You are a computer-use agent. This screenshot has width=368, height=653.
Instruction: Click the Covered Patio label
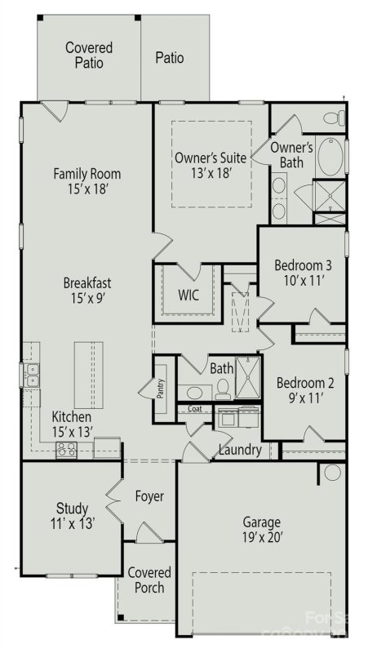tap(89, 56)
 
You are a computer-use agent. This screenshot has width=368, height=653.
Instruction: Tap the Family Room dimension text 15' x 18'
tap(86, 189)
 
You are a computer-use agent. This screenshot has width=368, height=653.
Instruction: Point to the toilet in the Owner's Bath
tap(330, 119)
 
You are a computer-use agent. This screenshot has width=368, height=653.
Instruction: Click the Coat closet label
tap(195, 410)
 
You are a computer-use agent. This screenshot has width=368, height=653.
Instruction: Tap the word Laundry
tap(240, 450)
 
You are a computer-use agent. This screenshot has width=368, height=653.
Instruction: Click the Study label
tap(72, 508)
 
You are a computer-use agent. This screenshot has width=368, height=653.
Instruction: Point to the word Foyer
tap(149, 496)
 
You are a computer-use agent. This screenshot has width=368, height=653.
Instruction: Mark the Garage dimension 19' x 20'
tap(261, 538)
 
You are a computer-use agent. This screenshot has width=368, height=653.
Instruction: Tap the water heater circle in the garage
tap(332, 472)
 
